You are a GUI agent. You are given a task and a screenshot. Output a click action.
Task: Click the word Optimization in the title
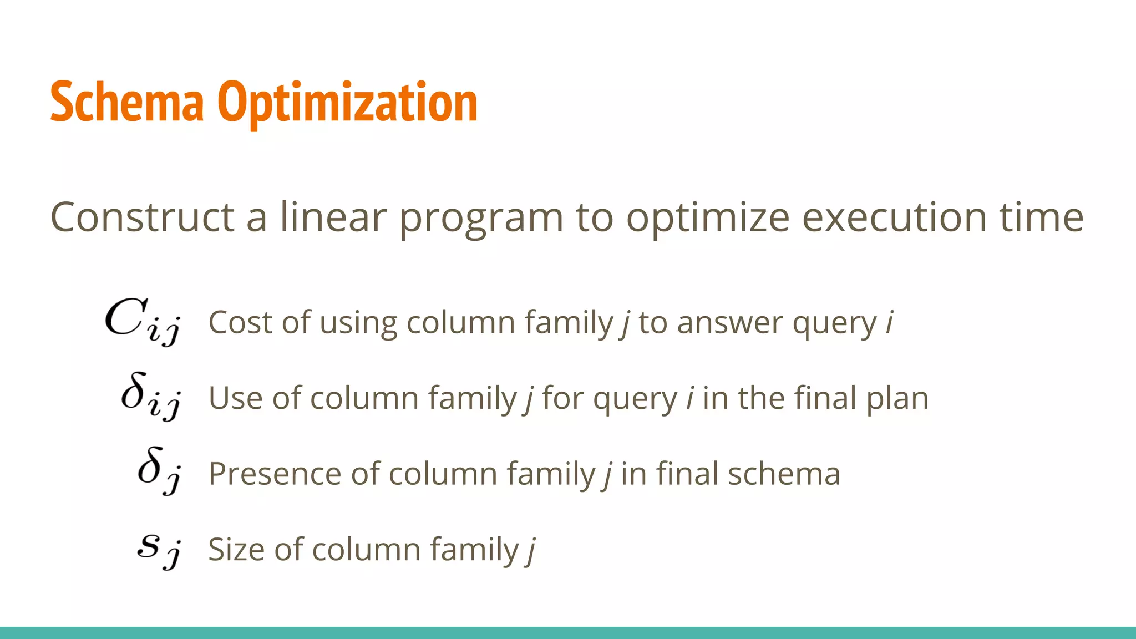click(x=347, y=103)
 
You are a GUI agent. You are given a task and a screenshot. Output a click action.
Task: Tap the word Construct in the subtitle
click(x=142, y=217)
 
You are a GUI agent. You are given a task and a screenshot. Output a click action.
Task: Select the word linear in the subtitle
click(x=333, y=217)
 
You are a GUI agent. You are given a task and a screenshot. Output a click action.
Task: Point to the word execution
click(x=894, y=217)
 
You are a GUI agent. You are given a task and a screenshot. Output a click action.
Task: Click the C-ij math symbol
click(x=142, y=321)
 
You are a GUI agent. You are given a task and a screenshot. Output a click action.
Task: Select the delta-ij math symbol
click(x=150, y=396)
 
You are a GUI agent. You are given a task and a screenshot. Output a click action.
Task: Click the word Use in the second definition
click(x=235, y=398)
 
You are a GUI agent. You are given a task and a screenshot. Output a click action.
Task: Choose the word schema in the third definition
click(x=784, y=474)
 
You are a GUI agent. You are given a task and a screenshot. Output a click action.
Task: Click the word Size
click(x=236, y=550)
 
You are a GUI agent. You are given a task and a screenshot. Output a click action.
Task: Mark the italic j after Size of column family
click(x=531, y=551)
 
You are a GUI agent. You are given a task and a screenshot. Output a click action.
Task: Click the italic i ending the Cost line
click(x=889, y=322)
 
